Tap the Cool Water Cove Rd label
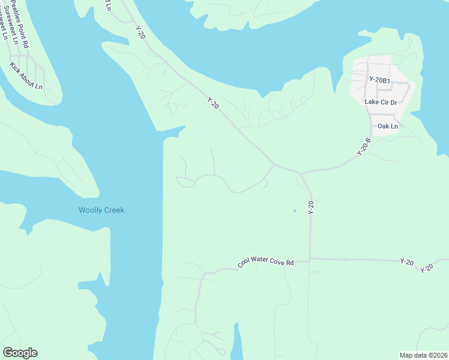(265, 263)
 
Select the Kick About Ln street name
(26, 76)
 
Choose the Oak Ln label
(387, 127)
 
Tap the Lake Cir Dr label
(381, 102)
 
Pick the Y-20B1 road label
(379, 79)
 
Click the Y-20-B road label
(364, 147)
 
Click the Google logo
(20, 353)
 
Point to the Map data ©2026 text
(423, 355)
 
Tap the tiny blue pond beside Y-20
(294, 211)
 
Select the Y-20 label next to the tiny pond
(311, 208)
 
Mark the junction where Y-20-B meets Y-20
(301, 173)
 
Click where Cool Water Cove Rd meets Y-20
(310, 259)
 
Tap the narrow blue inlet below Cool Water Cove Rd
(237, 342)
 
